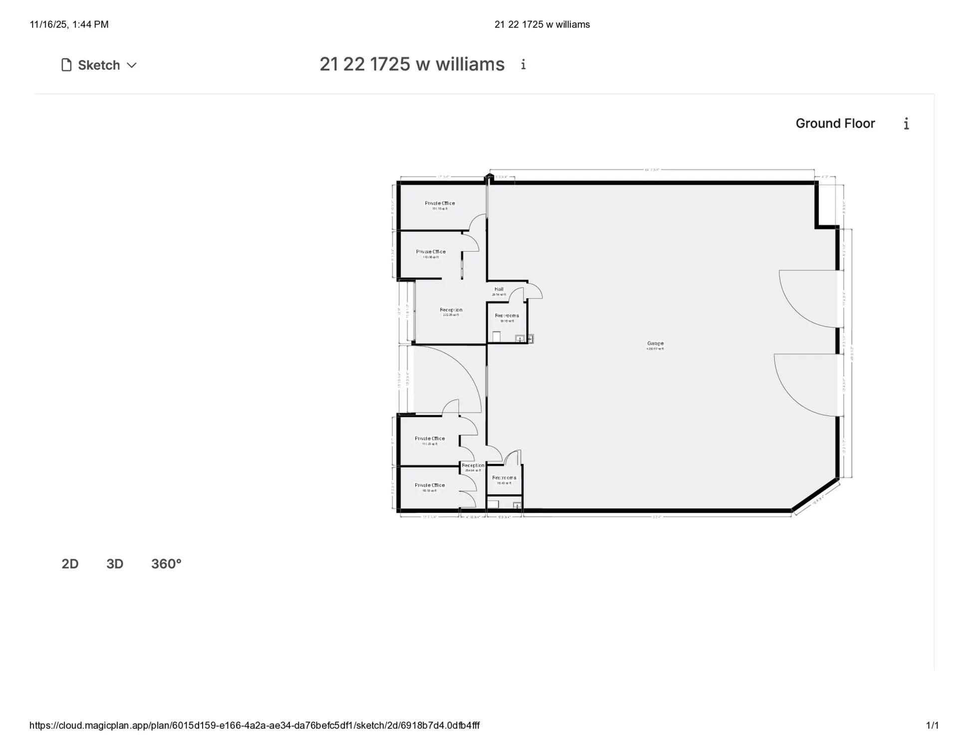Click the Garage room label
point(655,344)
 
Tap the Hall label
point(498,289)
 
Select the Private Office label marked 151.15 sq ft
point(440,204)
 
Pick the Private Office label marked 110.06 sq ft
point(431,252)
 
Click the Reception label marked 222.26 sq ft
point(451,310)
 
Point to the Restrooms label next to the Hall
point(506,316)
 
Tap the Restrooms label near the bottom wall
point(504,478)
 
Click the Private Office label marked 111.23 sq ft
point(429,439)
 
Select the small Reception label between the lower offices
point(473,465)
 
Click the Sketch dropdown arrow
point(132,65)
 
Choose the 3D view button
point(115,564)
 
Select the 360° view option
point(166,564)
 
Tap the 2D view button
point(70,564)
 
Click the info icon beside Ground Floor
point(906,124)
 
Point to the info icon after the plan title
point(523,64)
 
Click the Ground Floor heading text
point(835,123)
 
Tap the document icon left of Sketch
point(66,65)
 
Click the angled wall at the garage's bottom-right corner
point(815,495)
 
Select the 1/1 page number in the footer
point(932,726)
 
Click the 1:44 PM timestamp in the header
point(90,24)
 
